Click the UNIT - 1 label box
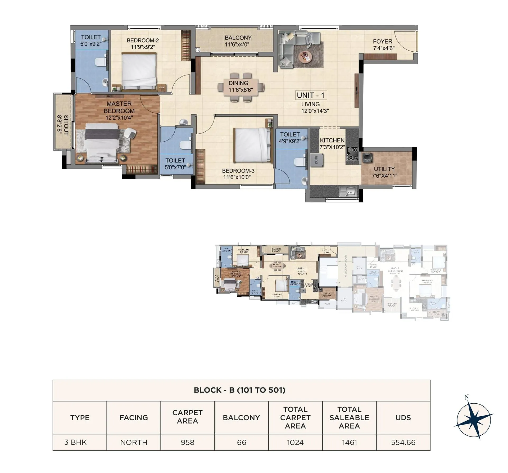point(311,95)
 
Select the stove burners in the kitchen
point(352,154)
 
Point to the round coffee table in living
point(305,56)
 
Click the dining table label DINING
point(238,83)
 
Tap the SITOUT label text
point(63,125)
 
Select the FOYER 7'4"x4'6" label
point(383,45)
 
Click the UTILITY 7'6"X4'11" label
point(384,172)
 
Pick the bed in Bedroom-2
point(139,71)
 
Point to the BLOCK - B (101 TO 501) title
point(239,390)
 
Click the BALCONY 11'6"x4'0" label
point(238,41)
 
